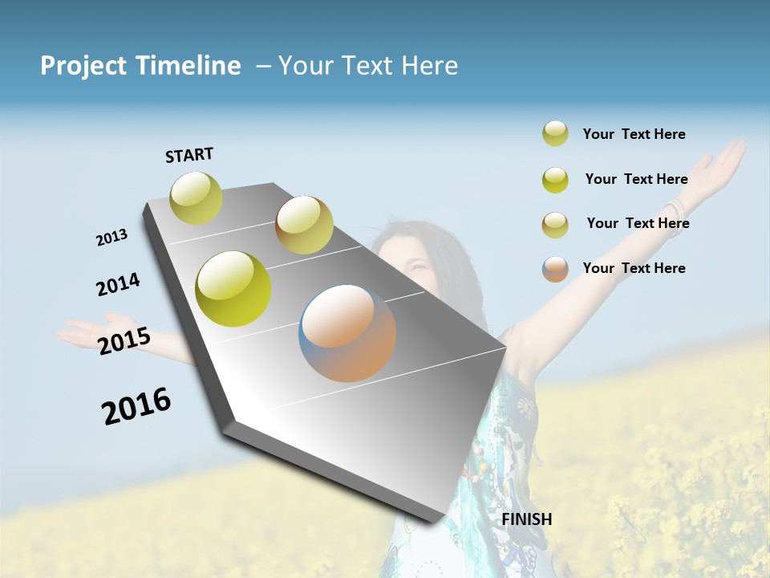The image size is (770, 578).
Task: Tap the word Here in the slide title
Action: point(429,66)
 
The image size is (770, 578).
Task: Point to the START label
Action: point(189,155)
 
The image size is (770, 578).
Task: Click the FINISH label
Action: point(527,519)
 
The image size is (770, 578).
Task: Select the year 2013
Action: point(111,238)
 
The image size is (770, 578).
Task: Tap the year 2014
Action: point(118,285)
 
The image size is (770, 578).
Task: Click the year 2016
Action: point(136,406)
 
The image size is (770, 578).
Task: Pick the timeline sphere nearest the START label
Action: point(196,197)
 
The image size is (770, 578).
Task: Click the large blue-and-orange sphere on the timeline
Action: point(347,333)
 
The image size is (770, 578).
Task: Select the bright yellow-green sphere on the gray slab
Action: point(233,289)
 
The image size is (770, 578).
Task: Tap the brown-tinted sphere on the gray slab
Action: point(304,225)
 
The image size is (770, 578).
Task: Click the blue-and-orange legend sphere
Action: point(555,268)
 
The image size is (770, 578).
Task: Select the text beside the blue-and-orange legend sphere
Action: point(634,268)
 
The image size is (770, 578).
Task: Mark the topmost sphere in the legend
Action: point(555,133)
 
